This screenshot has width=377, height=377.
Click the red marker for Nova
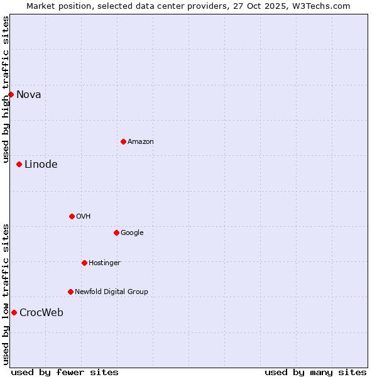click(11, 95)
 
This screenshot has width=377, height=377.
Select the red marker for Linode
click(19, 165)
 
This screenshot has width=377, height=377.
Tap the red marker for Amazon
click(123, 142)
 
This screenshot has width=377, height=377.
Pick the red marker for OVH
click(72, 217)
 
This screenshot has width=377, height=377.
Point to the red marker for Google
click(116, 233)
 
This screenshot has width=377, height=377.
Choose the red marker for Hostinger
click(84, 263)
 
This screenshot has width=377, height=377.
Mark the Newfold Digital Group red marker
click(70, 292)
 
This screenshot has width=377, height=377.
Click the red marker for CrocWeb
click(14, 313)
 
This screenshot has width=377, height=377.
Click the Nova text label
click(29, 95)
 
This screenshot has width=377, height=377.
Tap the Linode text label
click(41, 165)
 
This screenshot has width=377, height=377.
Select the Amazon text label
click(141, 142)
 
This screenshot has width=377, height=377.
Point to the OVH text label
click(84, 217)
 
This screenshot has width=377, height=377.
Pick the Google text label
click(132, 233)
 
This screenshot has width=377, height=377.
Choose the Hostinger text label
click(104, 263)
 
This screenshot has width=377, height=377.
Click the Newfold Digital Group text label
click(111, 292)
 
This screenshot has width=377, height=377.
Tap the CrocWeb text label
click(41, 313)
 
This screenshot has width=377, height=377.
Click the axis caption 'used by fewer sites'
click(65, 373)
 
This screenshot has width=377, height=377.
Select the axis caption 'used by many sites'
click(315, 373)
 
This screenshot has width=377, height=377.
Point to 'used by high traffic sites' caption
click(6, 89)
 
